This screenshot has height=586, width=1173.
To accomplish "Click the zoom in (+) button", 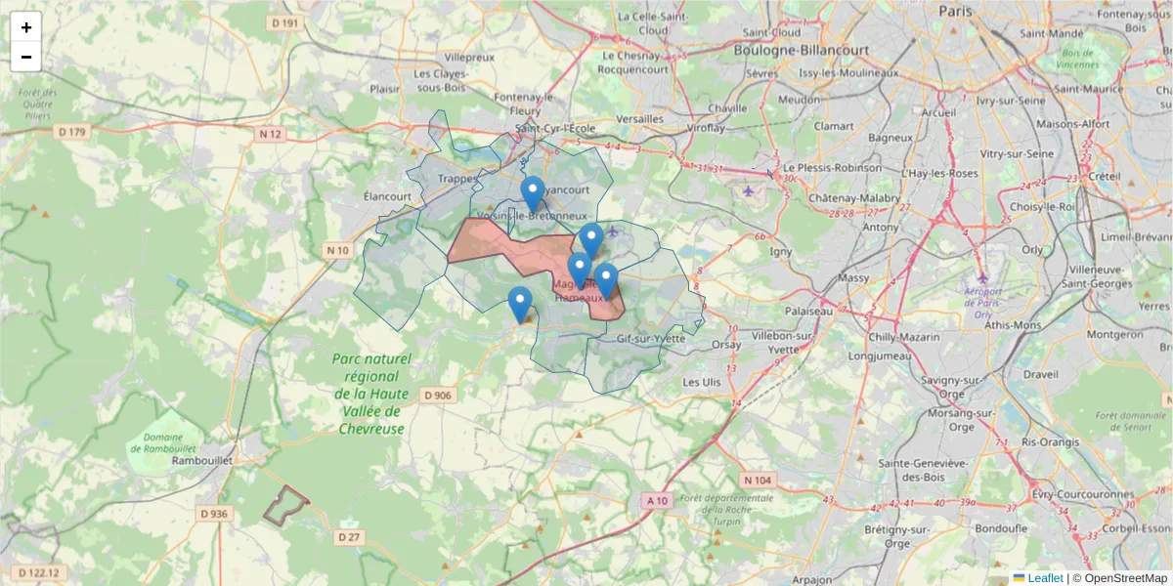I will (x=26, y=27).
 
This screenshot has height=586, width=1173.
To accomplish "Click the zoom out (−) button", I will (x=26, y=57).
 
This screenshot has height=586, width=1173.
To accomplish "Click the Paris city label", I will (x=956, y=11).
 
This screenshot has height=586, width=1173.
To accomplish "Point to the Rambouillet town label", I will (x=199, y=460).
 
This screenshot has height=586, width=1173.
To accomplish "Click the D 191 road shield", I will (x=284, y=22).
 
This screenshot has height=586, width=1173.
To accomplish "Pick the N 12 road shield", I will (x=271, y=134).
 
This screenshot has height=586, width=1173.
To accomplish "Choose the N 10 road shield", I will (x=337, y=251).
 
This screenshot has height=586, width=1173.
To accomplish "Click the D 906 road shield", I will (x=439, y=396).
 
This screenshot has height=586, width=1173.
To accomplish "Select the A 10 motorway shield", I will (x=657, y=501).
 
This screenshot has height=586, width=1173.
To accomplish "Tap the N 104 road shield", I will (x=758, y=480).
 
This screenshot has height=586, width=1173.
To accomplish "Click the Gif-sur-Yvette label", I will (x=651, y=339).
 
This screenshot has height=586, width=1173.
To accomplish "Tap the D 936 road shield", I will (x=213, y=514).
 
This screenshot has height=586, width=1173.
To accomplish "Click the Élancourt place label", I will (x=387, y=195).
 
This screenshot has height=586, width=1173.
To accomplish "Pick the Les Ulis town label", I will (x=701, y=382).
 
